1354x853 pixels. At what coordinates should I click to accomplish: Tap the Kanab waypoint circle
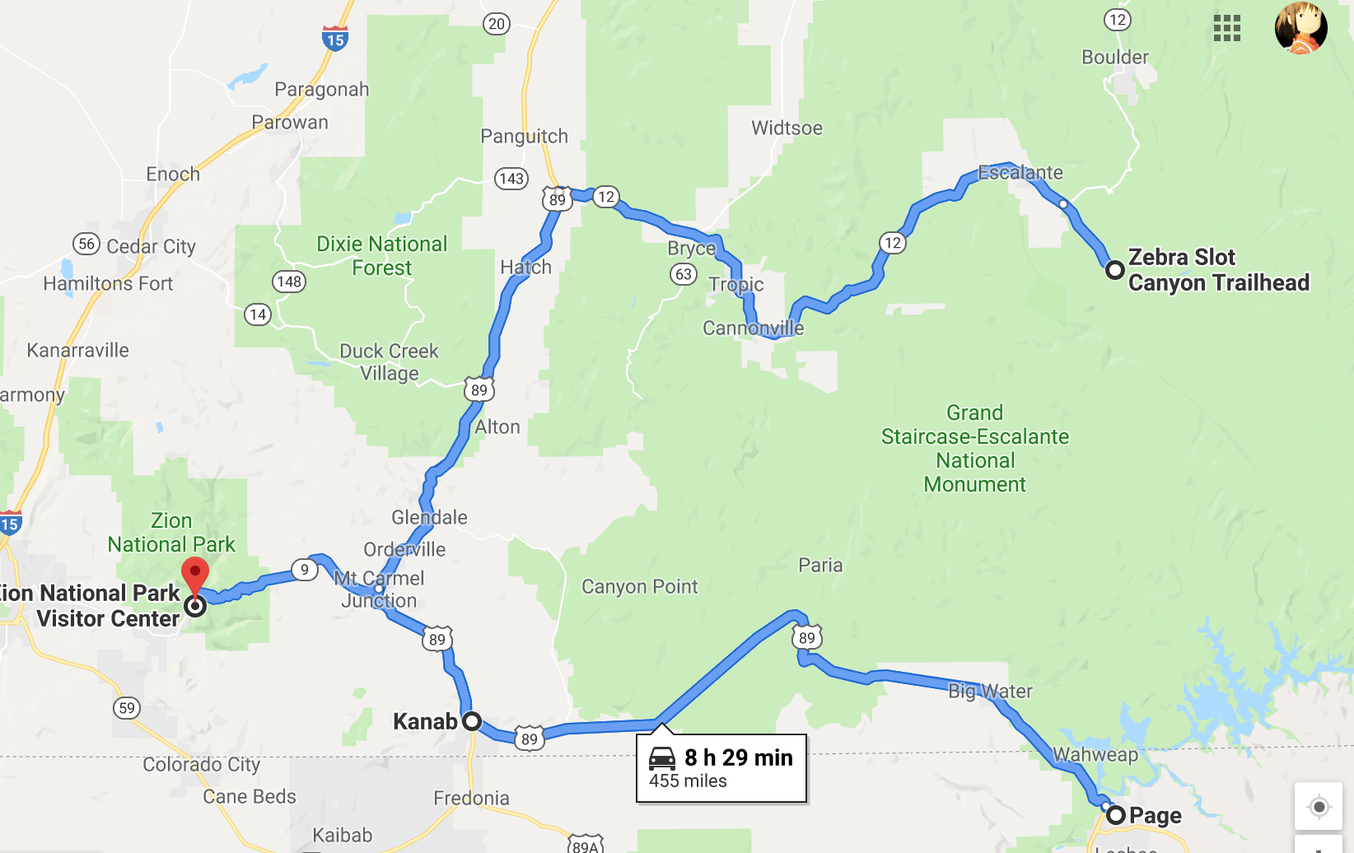(472, 721)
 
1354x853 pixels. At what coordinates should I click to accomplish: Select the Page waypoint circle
(1116, 815)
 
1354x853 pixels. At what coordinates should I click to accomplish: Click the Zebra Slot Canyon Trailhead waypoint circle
(1114, 270)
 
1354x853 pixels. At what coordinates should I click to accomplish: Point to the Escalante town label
(1020, 173)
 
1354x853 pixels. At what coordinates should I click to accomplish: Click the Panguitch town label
(525, 137)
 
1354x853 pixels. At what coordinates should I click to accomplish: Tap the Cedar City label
(151, 246)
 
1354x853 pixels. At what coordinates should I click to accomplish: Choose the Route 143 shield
(511, 179)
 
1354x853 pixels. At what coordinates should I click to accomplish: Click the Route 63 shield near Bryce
(684, 274)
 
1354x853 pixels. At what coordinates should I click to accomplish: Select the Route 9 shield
(305, 570)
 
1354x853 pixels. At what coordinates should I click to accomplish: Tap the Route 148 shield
(289, 282)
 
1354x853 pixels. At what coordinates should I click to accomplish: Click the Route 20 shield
(497, 24)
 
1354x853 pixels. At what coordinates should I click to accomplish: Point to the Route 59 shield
(127, 708)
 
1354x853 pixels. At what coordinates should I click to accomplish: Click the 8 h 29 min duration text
(739, 757)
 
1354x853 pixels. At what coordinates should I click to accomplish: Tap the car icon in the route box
(662, 758)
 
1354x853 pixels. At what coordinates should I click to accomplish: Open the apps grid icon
(1227, 28)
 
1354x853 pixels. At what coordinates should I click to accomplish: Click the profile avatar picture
(1300, 28)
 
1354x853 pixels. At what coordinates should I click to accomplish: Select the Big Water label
(990, 692)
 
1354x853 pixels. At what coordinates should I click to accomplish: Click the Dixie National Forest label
(382, 255)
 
